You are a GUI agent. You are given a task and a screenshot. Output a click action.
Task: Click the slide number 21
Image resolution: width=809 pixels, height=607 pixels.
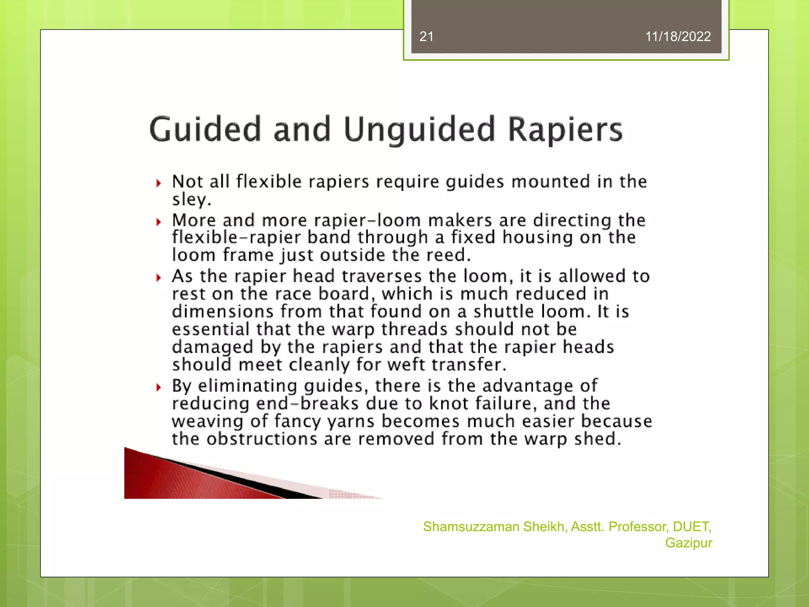pyautogui.click(x=426, y=36)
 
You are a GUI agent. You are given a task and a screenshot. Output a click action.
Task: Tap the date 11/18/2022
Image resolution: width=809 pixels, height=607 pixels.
pyautogui.click(x=677, y=36)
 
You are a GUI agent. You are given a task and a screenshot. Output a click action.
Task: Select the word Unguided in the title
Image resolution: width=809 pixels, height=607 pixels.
pyautogui.click(x=419, y=130)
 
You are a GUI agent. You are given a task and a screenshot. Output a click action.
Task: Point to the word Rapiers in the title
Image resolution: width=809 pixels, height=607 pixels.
pyautogui.click(x=565, y=130)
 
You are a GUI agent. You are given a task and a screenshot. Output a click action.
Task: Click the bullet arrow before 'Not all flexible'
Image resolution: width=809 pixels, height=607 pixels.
pyautogui.click(x=159, y=183)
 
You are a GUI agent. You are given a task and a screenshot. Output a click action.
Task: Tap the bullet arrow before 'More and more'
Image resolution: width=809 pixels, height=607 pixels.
pyautogui.click(x=159, y=222)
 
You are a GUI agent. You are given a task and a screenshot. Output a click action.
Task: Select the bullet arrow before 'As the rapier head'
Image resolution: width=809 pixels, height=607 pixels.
pyautogui.click(x=159, y=278)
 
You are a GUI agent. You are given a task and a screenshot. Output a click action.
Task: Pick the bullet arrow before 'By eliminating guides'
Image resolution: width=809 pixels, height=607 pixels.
pyautogui.click(x=159, y=387)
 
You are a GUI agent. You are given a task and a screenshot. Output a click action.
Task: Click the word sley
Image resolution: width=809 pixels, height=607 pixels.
pyautogui.click(x=191, y=200)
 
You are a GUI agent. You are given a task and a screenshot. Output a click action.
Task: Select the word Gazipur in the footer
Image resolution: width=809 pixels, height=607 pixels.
pyautogui.click(x=688, y=543)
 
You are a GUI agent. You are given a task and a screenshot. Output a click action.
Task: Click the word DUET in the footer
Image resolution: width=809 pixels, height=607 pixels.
pyautogui.click(x=692, y=526)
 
